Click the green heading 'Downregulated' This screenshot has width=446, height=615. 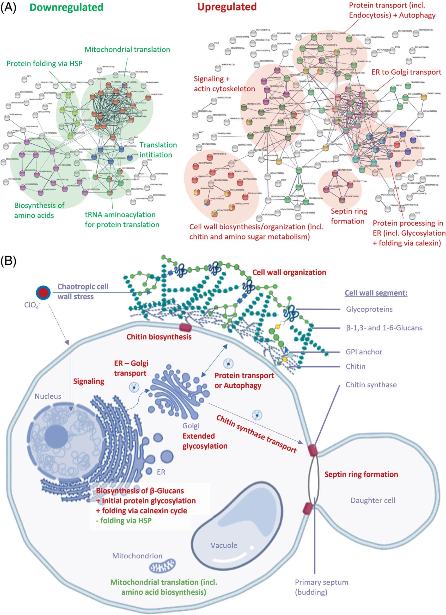(67, 7)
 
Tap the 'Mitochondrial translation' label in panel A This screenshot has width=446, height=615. (127, 50)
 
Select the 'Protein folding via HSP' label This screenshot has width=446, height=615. (44, 64)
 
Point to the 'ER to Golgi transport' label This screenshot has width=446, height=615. (406, 72)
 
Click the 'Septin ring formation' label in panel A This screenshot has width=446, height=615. (349, 216)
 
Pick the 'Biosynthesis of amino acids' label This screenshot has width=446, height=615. (39, 210)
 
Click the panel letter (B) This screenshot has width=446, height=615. (8, 261)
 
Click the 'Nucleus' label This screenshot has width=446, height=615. (48, 396)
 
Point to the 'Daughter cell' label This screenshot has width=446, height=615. (373, 500)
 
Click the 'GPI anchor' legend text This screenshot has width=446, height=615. (364, 352)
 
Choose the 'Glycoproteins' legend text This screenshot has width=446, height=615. (369, 309)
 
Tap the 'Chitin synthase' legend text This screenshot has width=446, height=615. (371, 385)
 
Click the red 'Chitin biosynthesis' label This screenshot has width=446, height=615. (159, 337)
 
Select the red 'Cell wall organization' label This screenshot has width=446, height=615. (289, 272)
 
